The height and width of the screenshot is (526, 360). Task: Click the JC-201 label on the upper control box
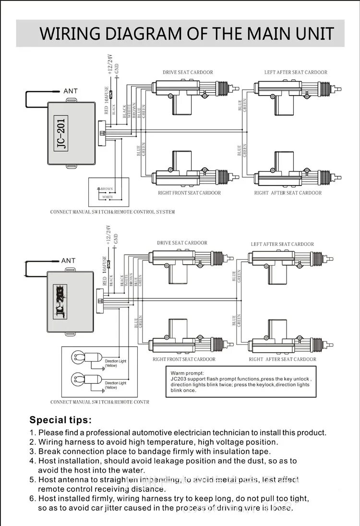tap(60, 132)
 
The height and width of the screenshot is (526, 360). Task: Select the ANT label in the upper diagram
tap(70, 91)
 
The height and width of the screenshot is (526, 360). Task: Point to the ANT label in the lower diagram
tap(68, 261)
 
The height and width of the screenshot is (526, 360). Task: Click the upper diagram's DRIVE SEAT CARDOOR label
tap(188, 73)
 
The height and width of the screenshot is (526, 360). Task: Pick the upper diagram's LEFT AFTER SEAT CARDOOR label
tap(296, 73)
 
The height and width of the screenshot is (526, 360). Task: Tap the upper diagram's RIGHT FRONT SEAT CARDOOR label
tap(189, 193)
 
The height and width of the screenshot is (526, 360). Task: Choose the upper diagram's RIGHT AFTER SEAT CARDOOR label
tap(288, 193)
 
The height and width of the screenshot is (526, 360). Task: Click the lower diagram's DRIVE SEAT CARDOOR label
tap(182, 243)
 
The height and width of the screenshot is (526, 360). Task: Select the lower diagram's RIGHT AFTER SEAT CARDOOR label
tap(282, 359)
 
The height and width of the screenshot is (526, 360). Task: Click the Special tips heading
tap(60, 420)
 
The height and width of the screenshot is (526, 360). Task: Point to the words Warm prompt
tap(187, 373)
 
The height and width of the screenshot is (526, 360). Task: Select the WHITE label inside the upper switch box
tap(108, 197)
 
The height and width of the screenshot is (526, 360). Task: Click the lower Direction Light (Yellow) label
tap(115, 385)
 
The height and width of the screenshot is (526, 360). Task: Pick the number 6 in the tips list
tap(32, 499)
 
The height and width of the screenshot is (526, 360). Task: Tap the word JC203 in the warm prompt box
tap(179, 379)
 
